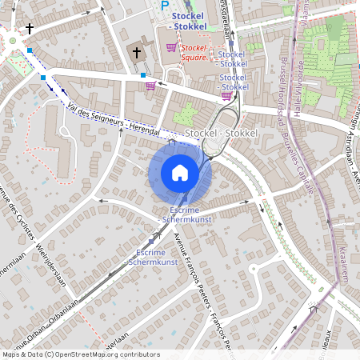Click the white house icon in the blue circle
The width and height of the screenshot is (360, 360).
point(180,172)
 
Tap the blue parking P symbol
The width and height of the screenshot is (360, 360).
point(166,6)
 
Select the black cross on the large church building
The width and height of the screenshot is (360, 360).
point(137,54)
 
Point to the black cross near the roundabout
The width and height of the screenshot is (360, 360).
point(30,29)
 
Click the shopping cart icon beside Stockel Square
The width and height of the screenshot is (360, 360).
point(170,47)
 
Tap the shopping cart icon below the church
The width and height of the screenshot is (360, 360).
point(150,86)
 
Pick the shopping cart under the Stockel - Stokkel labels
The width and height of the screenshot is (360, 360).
point(226,96)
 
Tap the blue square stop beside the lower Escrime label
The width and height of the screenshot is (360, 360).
point(151,239)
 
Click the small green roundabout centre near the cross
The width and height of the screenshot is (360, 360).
point(12,40)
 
